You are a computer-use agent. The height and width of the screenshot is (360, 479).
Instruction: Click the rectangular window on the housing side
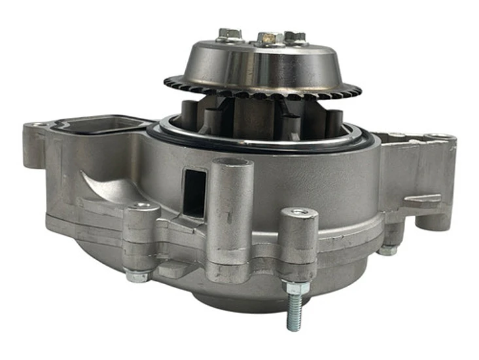(194, 191)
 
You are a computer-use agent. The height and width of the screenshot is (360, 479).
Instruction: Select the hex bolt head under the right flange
(388, 249)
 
